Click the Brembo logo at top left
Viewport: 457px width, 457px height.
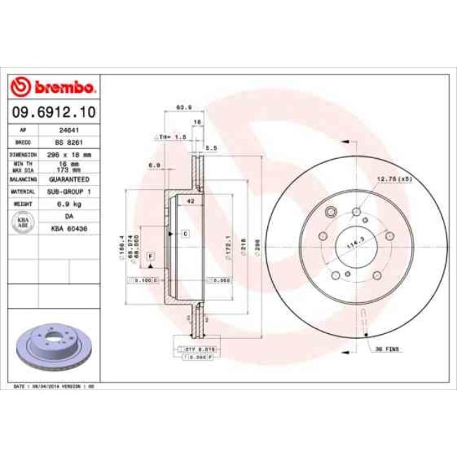click(x=53, y=87)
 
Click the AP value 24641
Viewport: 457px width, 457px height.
click(x=68, y=130)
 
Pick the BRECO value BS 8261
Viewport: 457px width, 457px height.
click(x=68, y=141)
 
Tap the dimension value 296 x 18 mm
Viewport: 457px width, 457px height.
click(x=68, y=153)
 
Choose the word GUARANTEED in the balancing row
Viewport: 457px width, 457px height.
click(x=68, y=179)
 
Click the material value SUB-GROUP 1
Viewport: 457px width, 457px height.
click(x=68, y=191)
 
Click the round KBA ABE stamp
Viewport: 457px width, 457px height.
click(x=22, y=221)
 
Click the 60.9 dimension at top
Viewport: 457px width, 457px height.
click(x=184, y=107)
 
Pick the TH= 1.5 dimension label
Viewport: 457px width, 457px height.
click(x=172, y=136)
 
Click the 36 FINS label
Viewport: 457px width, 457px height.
click(x=387, y=349)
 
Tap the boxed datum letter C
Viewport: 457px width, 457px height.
click(x=185, y=233)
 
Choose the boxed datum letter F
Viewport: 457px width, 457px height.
click(x=150, y=259)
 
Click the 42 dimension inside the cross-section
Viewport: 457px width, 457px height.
click(x=190, y=201)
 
